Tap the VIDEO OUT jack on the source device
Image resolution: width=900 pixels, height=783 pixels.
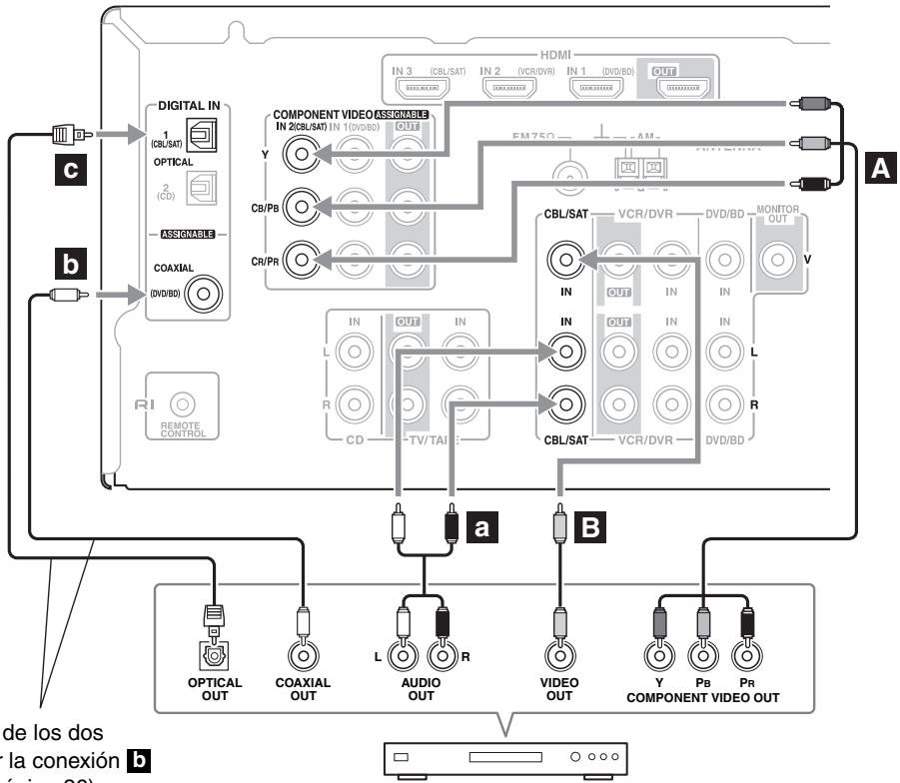(x=558, y=656)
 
